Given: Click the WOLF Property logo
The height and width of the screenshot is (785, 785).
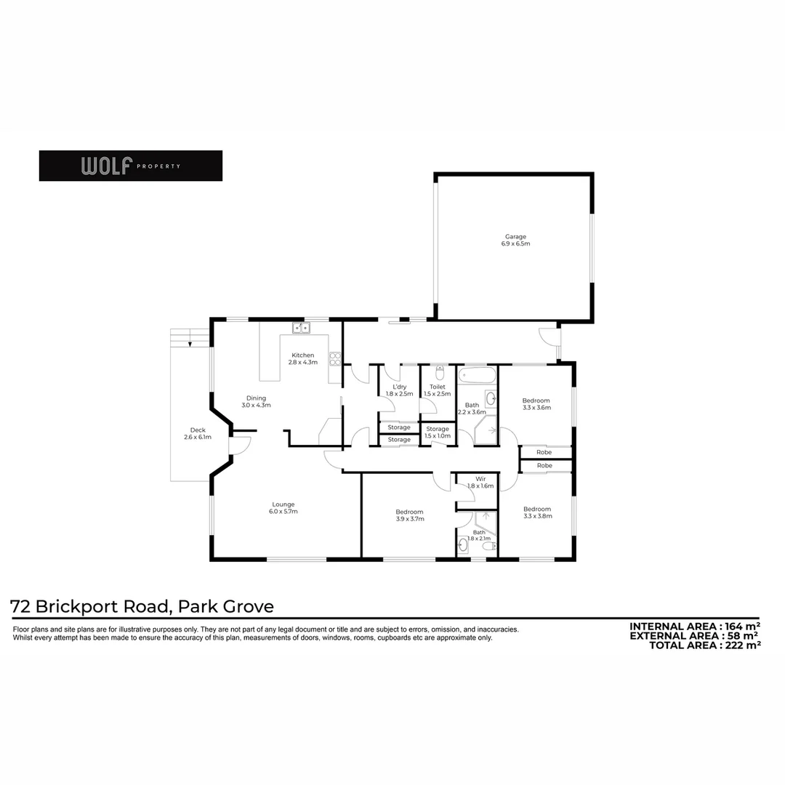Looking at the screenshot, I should tap(131, 166).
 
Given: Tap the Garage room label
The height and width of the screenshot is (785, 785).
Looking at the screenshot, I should tap(515, 240).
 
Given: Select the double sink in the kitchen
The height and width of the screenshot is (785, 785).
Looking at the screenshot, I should tap(302, 329).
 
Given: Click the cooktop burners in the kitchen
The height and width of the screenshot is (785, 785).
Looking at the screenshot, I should tap(335, 358).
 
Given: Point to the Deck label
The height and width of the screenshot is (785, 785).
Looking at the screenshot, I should tap(198, 434).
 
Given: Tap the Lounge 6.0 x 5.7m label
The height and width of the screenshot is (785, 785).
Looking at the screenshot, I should tap(283, 507).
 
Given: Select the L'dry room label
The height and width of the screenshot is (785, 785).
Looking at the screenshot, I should tap(399, 390).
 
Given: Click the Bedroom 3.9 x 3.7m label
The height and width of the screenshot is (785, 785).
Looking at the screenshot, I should tap(409, 516).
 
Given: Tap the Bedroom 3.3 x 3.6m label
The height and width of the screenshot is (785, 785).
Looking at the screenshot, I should tap(536, 404).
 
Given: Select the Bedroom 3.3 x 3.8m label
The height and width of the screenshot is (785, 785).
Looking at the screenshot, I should tap(537, 512).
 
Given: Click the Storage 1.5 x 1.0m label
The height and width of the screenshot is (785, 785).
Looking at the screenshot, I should tap(438, 432).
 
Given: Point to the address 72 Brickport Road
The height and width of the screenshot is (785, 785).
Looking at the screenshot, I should tap(142, 606).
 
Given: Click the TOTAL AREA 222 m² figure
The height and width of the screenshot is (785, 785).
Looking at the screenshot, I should tap(704, 645).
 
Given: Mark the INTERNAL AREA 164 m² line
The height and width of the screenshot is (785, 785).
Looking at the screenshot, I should tap(694, 627).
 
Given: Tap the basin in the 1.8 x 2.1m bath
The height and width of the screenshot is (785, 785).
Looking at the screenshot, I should tap(463, 544).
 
